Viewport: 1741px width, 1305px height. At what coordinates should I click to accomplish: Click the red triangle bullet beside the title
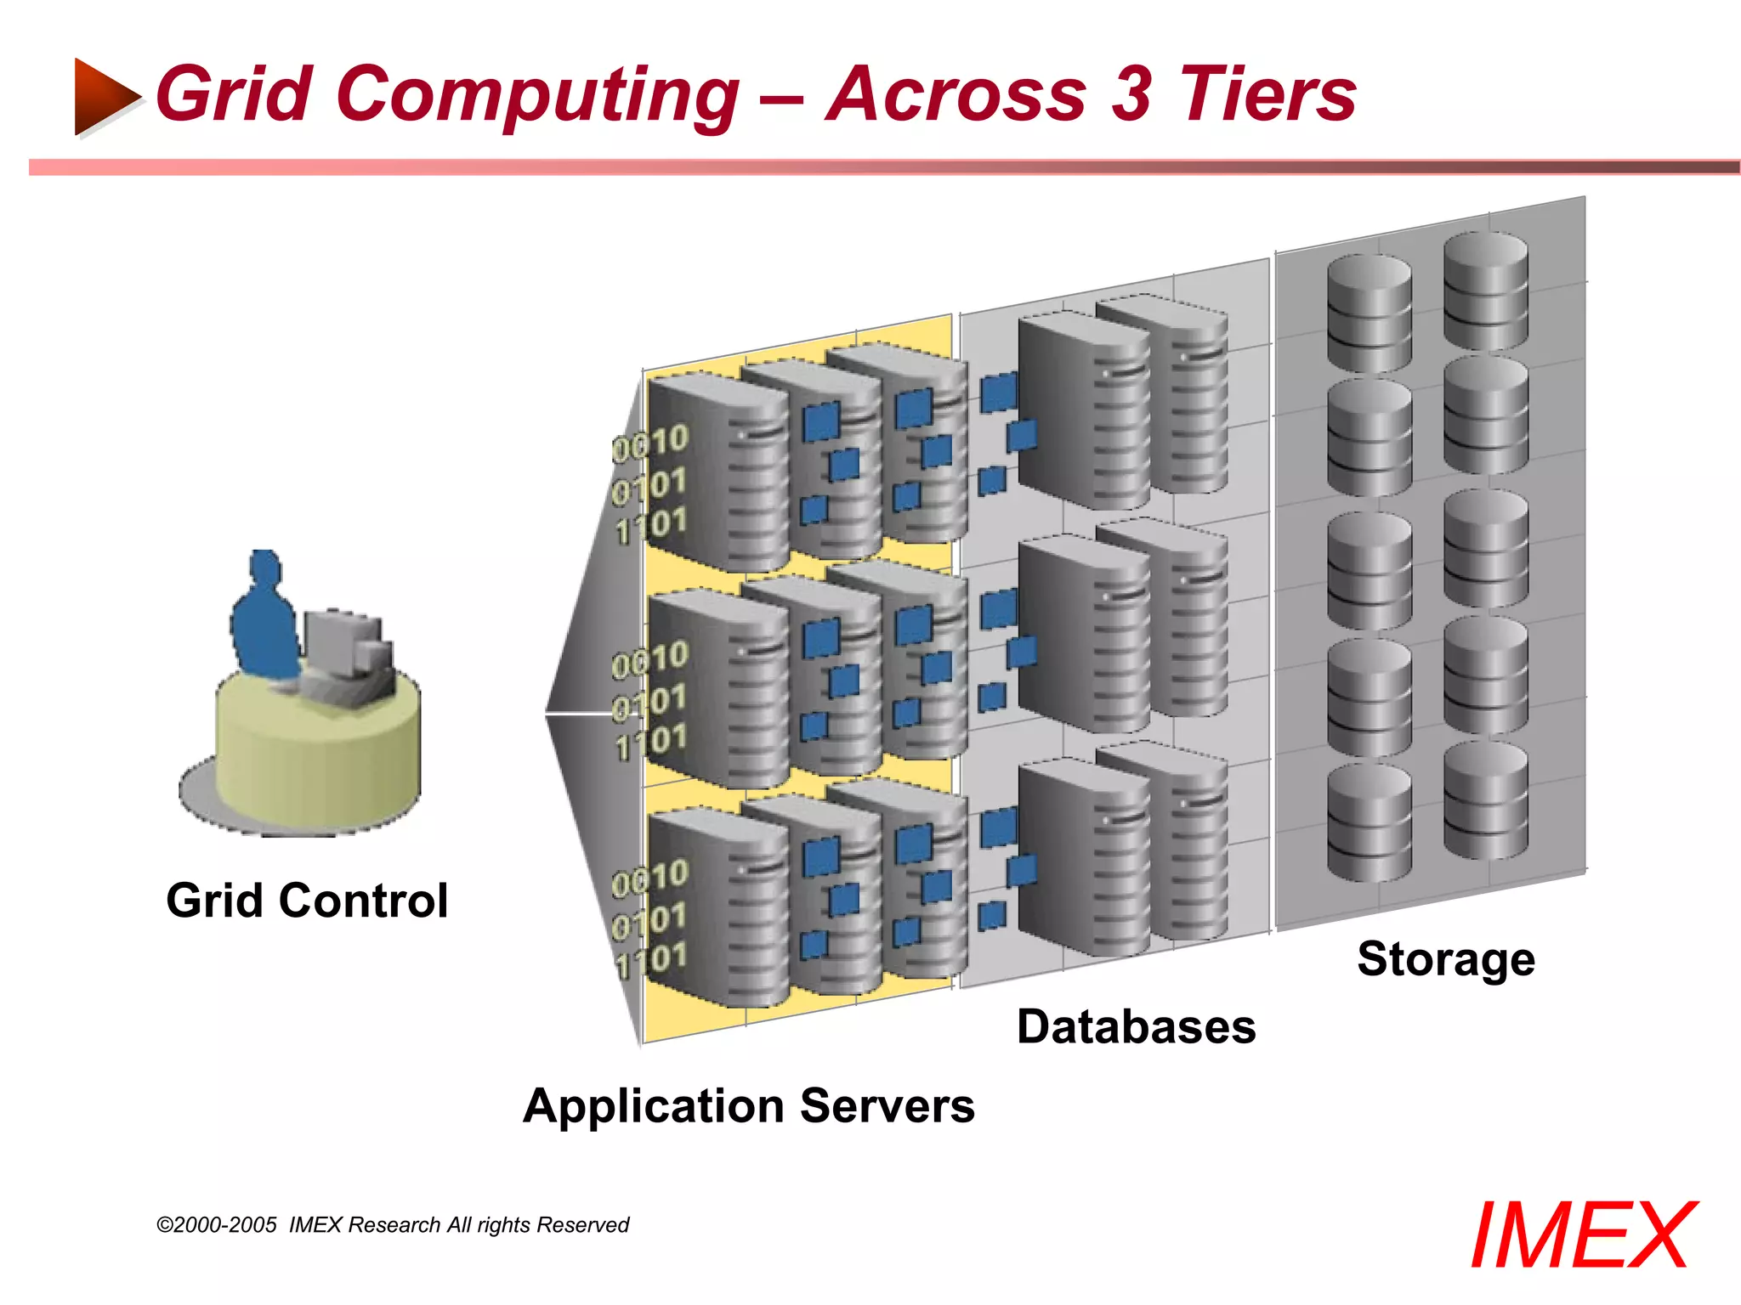pyautogui.click(x=104, y=95)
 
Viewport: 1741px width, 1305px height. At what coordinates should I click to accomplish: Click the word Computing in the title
pyautogui.click(x=541, y=95)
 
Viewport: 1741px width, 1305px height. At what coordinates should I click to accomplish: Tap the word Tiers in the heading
pyautogui.click(x=1267, y=95)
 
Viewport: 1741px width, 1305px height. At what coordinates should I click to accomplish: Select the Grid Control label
pyautogui.click(x=307, y=901)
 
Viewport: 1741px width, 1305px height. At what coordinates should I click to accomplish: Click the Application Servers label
pyautogui.click(x=749, y=1106)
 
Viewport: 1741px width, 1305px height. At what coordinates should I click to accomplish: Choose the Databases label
pyautogui.click(x=1136, y=1026)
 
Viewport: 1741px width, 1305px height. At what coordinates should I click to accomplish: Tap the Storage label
pyautogui.click(x=1446, y=959)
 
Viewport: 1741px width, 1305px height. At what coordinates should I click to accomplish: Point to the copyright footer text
pyautogui.click(x=393, y=1225)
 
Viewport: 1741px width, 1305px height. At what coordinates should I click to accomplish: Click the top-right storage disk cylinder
pyautogui.click(x=1486, y=291)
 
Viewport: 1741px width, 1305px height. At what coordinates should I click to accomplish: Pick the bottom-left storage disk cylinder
pyautogui.click(x=1369, y=822)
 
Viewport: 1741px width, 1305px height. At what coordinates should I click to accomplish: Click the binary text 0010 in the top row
pyautogui.click(x=651, y=443)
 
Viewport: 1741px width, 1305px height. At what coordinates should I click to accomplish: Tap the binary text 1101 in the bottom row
pyautogui.click(x=651, y=961)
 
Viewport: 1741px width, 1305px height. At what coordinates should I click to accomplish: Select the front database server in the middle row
pyautogui.click(x=1083, y=633)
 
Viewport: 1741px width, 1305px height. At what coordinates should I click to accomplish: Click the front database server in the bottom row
pyautogui.click(x=1083, y=858)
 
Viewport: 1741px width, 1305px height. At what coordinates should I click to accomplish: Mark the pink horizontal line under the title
pyautogui.click(x=884, y=167)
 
